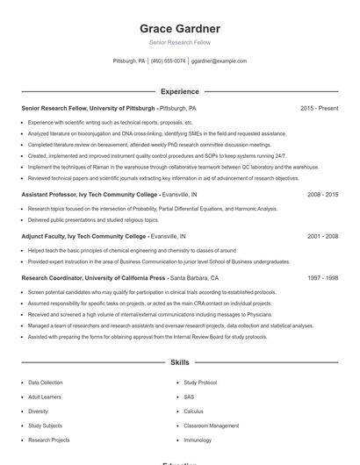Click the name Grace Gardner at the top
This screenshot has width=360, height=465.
pyautogui.click(x=179, y=28)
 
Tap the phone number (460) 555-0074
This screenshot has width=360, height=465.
pyautogui.click(x=168, y=61)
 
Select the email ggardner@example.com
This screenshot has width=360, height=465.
pyautogui.click(x=219, y=61)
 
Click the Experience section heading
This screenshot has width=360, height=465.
pyautogui.click(x=179, y=90)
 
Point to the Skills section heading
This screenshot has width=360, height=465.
pyautogui.click(x=179, y=361)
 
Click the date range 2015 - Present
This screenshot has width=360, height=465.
pyautogui.click(x=319, y=108)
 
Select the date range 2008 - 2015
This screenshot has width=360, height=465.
pyautogui.click(x=322, y=194)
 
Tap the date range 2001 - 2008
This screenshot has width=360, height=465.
pyautogui.click(x=322, y=236)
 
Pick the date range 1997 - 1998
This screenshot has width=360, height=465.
pyautogui.click(x=322, y=277)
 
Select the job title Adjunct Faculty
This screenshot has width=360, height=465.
pyautogui.click(x=45, y=236)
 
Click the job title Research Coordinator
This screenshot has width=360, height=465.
pyautogui.click(x=54, y=277)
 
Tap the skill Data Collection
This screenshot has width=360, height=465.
pyautogui.click(x=45, y=383)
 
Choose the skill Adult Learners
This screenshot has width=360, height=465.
pyautogui.click(x=43, y=397)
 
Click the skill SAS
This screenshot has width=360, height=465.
pyautogui.click(x=189, y=397)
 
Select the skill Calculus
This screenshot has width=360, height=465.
pyautogui.click(x=193, y=411)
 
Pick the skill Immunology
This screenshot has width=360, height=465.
pyautogui.click(x=198, y=440)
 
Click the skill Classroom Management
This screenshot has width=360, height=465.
pyautogui.click(x=211, y=426)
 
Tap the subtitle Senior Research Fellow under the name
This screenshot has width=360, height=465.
pyautogui.click(x=179, y=42)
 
